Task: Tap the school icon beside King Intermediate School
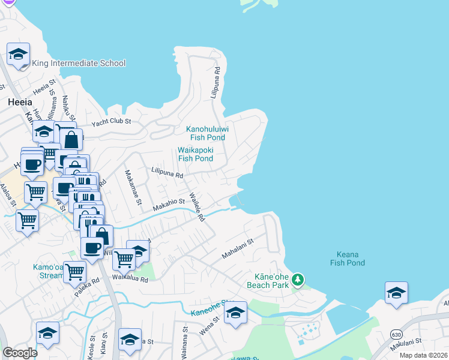[x=18, y=55]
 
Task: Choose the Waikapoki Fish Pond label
[x=195, y=154]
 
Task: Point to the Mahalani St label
[x=238, y=247]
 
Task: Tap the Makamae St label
[x=133, y=188]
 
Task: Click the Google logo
[x=20, y=353]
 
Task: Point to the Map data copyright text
[x=423, y=355]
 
